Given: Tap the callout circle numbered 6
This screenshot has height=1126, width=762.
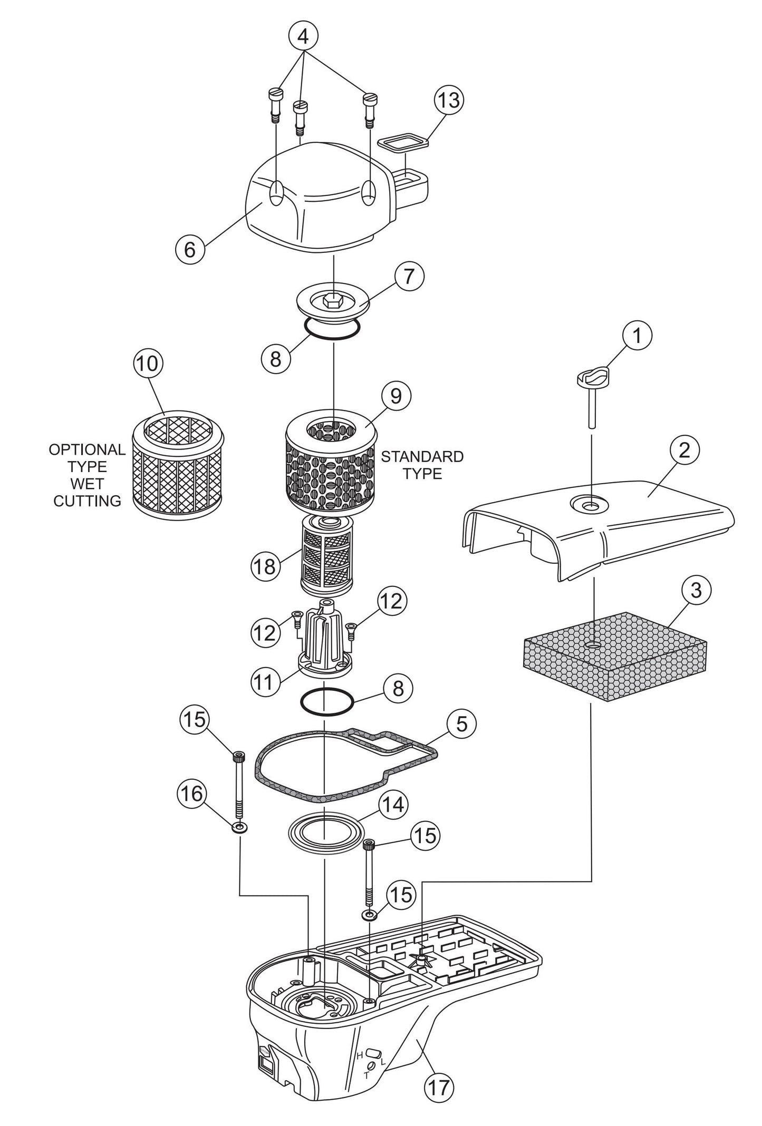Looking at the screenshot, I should [189, 250].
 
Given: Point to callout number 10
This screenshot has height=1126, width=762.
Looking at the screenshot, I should [148, 364].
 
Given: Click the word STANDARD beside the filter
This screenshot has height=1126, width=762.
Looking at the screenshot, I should [422, 456].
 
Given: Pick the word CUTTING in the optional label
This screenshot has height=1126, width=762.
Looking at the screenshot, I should [88, 501].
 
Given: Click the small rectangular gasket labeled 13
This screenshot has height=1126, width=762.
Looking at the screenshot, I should [403, 142].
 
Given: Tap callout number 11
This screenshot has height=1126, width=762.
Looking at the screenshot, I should [264, 682].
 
